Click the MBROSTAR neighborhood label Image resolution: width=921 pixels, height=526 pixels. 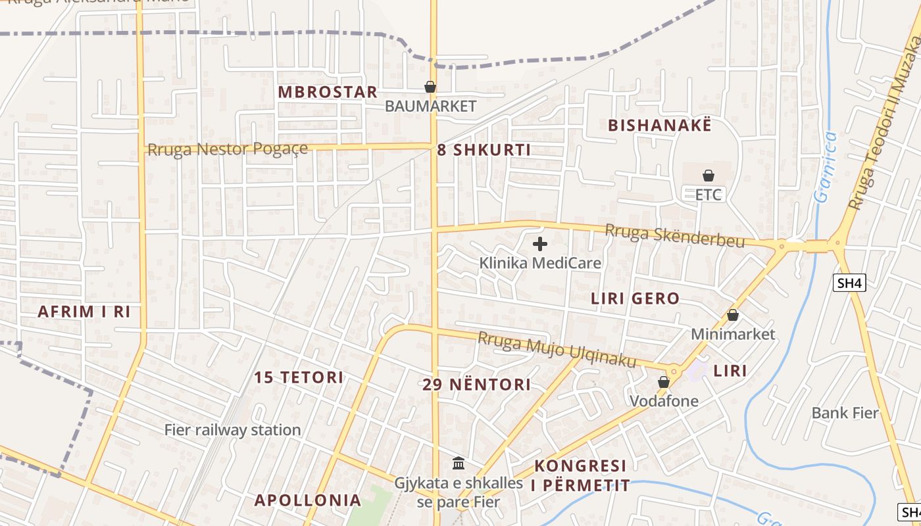[x=328, y=92]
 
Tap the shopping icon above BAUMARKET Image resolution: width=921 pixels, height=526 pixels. [x=430, y=87]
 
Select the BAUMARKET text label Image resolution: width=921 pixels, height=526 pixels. [x=430, y=106]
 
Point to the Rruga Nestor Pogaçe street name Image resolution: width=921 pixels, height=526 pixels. [x=228, y=150]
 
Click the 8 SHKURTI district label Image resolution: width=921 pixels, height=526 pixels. [x=484, y=150]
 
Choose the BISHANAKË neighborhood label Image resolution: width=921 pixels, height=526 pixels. [x=660, y=126]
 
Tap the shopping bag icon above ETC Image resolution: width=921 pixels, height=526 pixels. [x=709, y=176]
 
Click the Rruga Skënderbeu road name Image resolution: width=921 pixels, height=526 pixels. [x=675, y=236]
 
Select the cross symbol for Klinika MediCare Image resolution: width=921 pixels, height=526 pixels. [x=540, y=245]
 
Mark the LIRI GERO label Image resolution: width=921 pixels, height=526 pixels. [x=635, y=299]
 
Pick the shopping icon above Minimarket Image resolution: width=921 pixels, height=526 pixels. [x=733, y=316]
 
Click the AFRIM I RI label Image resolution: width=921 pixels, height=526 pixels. [x=84, y=312]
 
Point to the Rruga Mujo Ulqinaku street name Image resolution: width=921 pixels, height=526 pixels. [x=557, y=350]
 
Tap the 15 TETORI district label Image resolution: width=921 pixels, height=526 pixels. [x=299, y=377]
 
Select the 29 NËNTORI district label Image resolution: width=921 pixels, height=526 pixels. [x=476, y=385]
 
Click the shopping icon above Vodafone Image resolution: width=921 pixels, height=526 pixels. [x=664, y=382]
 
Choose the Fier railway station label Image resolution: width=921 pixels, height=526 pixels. [x=232, y=430]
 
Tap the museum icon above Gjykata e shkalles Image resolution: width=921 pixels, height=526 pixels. [x=459, y=464]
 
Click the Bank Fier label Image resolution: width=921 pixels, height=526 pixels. [x=845, y=413]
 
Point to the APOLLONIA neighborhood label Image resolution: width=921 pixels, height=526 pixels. [x=308, y=500]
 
